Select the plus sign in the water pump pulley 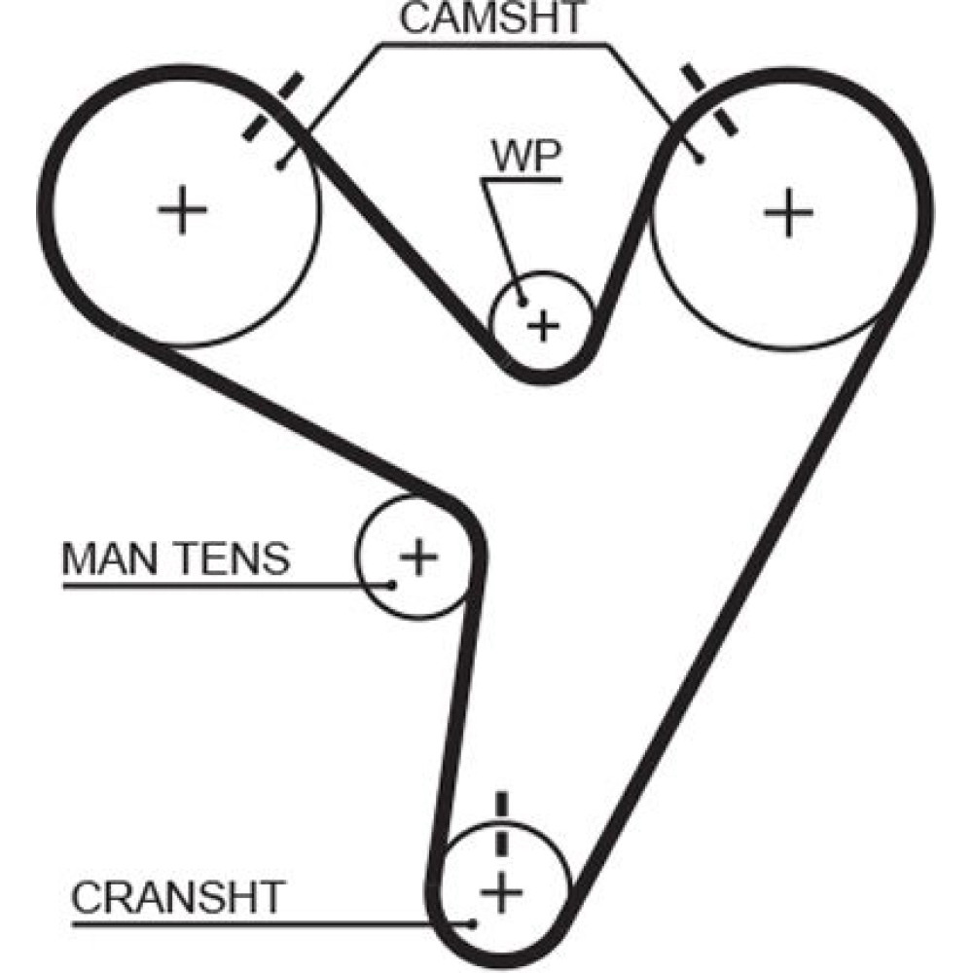tap(544, 324)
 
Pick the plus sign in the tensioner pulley tap(419, 557)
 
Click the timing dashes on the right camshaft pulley tap(708, 99)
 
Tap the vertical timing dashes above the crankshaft tap(502, 822)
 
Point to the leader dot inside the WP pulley tap(523, 301)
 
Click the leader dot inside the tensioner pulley tap(392, 585)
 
